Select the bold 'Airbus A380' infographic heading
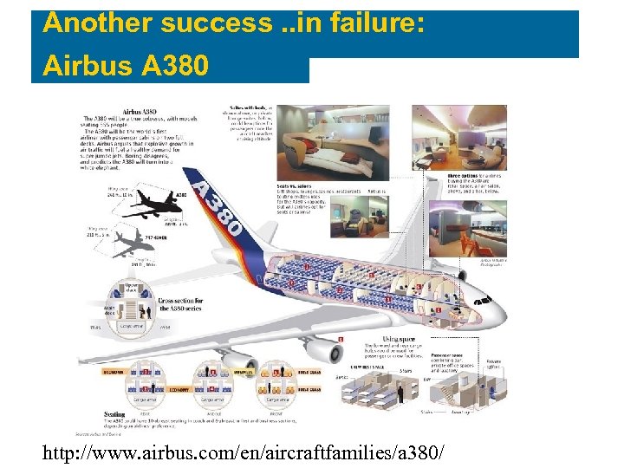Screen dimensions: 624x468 click(x=139, y=111)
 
